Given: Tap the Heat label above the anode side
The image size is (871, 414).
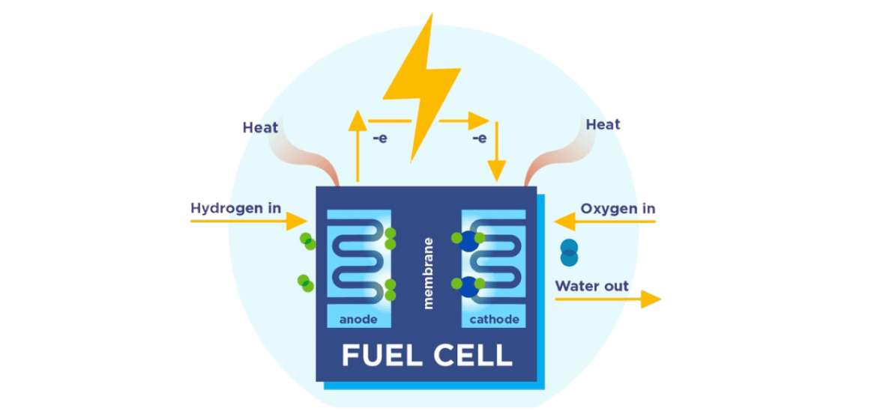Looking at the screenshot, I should pyautogui.click(x=260, y=127).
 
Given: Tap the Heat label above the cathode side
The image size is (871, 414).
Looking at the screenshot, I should pyautogui.click(x=603, y=124).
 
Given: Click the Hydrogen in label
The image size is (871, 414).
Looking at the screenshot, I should pyautogui.click(x=235, y=208).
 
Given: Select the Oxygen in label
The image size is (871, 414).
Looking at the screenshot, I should pyautogui.click(x=618, y=208).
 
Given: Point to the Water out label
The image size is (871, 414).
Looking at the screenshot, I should pyautogui.click(x=591, y=286).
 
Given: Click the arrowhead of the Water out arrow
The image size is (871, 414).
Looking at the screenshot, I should pyautogui.click(x=651, y=299).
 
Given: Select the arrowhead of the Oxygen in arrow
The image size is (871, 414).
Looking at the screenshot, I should pyautogui.click(x=564, y=221).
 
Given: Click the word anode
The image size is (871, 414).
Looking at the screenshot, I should pyautogui.click(x=358, y=320).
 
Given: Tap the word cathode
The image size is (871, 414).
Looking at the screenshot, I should pyautogui.click(x=494, y=320).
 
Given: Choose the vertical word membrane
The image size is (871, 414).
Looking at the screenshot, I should pyautogui.click(x=429, y=273).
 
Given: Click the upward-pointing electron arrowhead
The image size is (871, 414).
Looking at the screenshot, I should pyautogui.click(x=358, y=118).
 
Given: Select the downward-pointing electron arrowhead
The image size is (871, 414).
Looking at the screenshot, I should pyautogui.click(x=495, y=170).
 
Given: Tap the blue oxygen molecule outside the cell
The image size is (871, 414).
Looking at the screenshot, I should pyautogui.click(x=570, y=252).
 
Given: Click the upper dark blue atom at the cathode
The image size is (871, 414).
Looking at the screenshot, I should pyautogui.click(x=468, y=241).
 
